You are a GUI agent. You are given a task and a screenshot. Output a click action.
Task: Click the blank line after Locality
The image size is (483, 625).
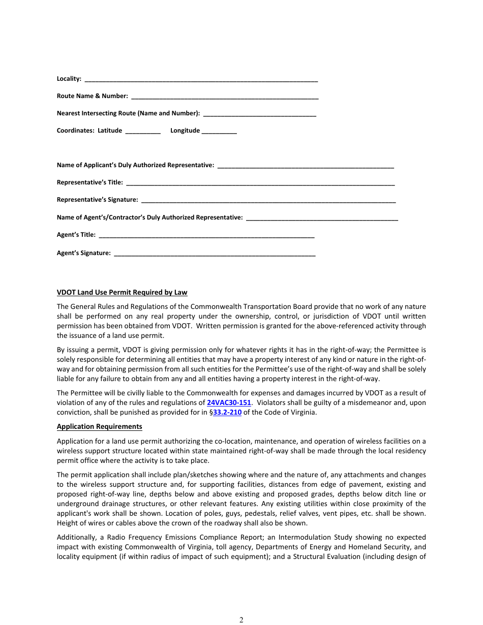coord(201,80)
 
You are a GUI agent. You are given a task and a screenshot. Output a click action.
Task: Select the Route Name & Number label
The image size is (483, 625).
coord(92,96)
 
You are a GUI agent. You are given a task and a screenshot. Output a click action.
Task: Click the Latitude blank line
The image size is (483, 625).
coord(142,132)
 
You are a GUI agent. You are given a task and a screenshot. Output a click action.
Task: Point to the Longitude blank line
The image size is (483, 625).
coord(219,132)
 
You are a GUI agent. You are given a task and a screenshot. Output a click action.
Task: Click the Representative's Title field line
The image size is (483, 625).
coord(260,183)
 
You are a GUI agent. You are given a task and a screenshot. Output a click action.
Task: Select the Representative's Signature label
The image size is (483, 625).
coord(97,200)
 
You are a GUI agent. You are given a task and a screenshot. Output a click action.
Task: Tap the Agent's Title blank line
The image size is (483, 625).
coord(206,236)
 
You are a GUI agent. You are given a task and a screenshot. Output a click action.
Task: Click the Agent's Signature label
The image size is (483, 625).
coord(83,253)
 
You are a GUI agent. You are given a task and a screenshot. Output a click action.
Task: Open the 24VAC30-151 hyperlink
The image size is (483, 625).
coord(229,402)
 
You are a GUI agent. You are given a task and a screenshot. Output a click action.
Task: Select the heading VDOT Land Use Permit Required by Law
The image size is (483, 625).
coord(122,292)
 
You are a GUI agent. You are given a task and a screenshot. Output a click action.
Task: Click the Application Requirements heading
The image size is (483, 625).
coord(99,426)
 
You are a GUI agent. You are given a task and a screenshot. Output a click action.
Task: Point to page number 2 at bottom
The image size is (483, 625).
coord(242,619)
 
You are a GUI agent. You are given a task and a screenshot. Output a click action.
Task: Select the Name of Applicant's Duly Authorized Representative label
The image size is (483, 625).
coord(135,165)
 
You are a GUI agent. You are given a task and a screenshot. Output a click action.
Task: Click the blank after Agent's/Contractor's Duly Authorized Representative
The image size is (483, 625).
coord(321,218)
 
